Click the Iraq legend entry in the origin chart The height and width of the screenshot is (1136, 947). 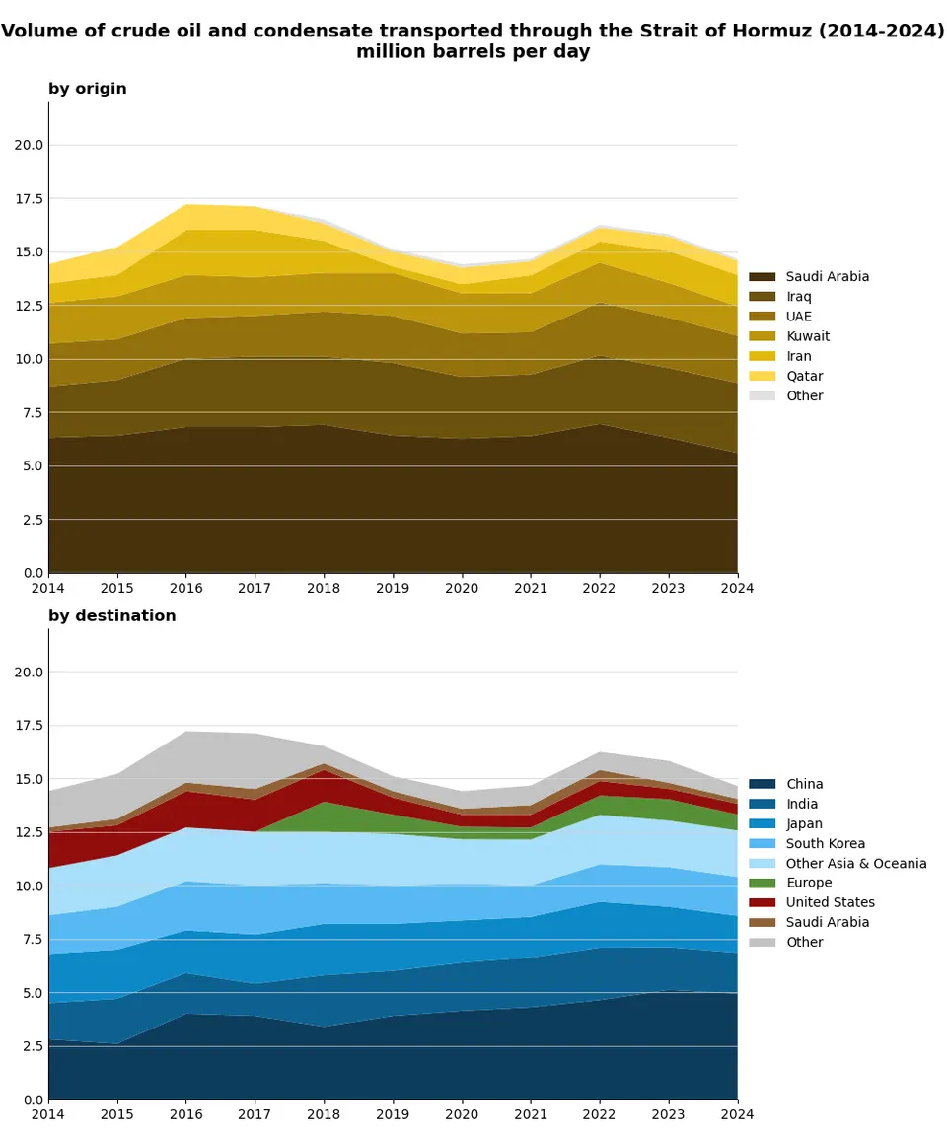click(800, 297)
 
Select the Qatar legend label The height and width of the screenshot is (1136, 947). click(804, 376)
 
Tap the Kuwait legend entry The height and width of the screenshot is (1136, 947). click(808, 336)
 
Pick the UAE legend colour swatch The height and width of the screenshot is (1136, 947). click(763, 317)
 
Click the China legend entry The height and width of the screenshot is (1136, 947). click(804, 784)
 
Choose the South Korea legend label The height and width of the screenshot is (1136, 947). click(825, 843)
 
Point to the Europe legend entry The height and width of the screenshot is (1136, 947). click(809, 883)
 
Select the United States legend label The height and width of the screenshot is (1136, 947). click(830, 902)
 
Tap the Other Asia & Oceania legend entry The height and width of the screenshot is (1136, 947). click(856, 863)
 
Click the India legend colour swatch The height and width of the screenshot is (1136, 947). click(763, 804)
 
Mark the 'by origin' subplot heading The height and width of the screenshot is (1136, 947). click(88, 89)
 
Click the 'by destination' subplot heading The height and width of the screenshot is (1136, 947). click(112, 616)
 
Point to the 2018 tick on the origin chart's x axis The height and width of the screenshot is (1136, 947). click(325, 588)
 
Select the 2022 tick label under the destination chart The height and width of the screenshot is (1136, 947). click(600, 1114)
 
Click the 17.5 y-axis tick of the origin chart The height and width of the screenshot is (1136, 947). click(29, 199)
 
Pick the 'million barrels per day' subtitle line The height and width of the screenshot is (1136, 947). click(473, 52)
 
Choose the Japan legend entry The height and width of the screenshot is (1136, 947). click(804, 823)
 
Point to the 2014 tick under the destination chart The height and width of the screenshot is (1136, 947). click(48, 1114)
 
